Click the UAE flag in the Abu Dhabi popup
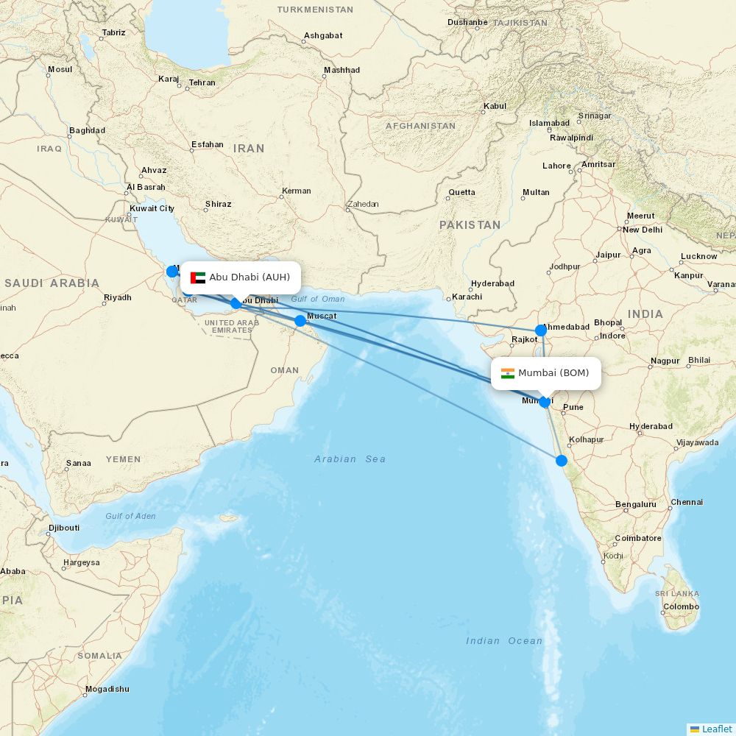click(197, 277)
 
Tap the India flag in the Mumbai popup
click(508, 373)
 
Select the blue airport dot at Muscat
click(300, 320)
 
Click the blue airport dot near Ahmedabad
click(541, 330)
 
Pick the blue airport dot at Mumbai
click(545, 402)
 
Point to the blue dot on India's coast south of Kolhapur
click(562, 461)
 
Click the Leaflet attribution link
click(716, 729)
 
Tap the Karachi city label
click(467, 297)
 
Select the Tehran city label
click(202, 82)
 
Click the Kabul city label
click(495, 106)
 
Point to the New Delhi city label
click(643, 230)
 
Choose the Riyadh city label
click(118, 297)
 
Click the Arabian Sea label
click(350, 459)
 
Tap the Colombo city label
click(681, 607)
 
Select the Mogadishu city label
click(107, 689)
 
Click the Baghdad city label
click(87, 130)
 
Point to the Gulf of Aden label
click(130, 516)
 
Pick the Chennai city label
click(687, 502)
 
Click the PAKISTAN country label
click(470, 224)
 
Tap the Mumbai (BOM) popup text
click(553, 373)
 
